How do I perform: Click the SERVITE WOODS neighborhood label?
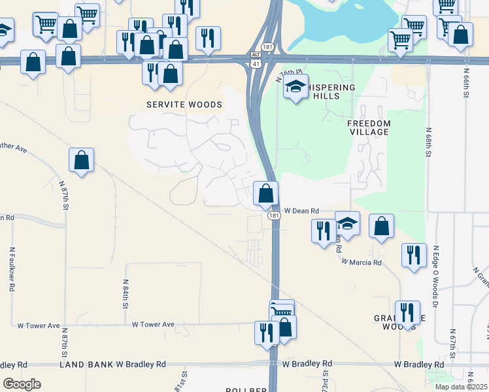pos(184,105)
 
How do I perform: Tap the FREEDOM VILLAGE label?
pos(369,127)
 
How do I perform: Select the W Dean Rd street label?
pos(301,211)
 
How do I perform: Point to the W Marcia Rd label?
pos(361,262)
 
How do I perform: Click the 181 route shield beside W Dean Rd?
pos(274,215)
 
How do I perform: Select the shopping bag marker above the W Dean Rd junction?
pos(266,193)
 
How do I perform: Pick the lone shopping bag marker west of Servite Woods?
pos(82,160)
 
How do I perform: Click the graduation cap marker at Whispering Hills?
pos(295,86)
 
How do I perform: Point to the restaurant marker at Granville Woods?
pos(408,312)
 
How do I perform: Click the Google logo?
pos(22,384)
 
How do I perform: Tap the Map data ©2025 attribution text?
pos(461,387)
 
